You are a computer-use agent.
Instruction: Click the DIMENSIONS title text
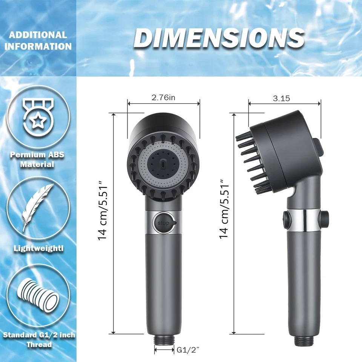tap(219, 38)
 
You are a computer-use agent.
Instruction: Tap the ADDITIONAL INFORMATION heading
tap(38, 41)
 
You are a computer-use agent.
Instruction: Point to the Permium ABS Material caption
tap(38, 160)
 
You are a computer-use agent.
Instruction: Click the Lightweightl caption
tap(38, 248)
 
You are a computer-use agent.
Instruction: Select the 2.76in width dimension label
tap(163, 98)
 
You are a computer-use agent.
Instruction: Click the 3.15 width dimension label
tap(281, 98)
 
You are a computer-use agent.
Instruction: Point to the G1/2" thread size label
tap(187, 350)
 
